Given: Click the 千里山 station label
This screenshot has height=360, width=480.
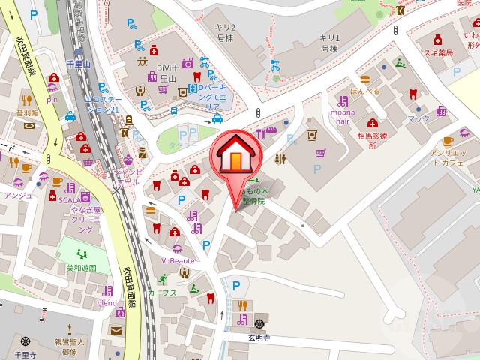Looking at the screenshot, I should (79, 66).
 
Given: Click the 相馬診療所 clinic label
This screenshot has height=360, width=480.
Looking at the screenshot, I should (371, 142).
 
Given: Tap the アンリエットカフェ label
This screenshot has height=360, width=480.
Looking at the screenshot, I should (450, 158).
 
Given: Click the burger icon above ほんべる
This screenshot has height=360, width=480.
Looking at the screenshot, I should (365, 78).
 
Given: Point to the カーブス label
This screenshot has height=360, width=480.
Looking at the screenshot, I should (163, 292).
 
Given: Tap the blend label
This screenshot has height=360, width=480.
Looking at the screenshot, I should (106, 302).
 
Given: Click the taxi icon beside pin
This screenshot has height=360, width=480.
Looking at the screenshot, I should (70, 116).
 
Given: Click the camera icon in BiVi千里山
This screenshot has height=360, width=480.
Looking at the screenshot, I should (187, 63).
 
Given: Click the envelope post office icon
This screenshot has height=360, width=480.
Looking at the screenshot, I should (117, 330).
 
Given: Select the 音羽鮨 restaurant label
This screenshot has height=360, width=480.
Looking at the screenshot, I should (28, 112).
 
